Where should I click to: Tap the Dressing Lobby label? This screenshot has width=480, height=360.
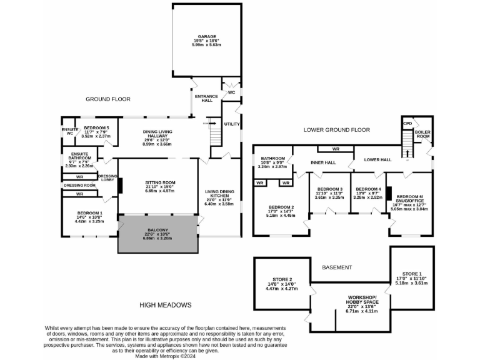(108, 179)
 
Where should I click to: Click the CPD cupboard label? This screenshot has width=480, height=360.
(407, 123)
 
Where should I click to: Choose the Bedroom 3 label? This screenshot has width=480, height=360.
(329, 192)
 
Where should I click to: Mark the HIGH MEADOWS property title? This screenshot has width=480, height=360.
(165, 304)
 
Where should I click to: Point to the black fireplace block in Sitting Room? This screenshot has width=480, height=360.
(119, 186)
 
